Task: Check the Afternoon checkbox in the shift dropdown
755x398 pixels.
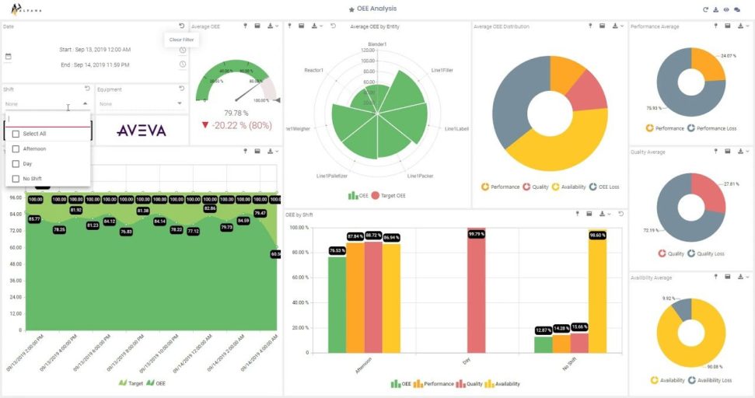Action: [x=16, y=148]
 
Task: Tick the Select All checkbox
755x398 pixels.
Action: [x=16, y=134]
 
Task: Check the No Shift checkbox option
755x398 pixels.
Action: [x=16, y=179]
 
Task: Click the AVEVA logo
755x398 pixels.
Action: [x=141, y=131]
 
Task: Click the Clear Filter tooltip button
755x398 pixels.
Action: [x=181, y=39]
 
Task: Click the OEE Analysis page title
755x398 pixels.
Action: [x=376, y=9]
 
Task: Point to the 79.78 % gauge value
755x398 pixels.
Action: [x=236, y=113]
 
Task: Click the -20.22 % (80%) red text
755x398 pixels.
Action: [x=236, y=124]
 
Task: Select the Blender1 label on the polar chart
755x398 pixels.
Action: [x=377, y=44]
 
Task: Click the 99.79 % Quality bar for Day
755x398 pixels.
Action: [x=476, y=295]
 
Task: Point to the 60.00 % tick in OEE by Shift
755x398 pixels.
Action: [x=299, y=278]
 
